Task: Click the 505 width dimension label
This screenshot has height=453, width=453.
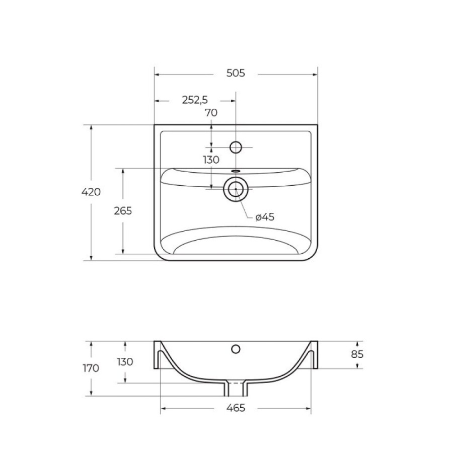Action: pyautogui.click(x=236, y=73)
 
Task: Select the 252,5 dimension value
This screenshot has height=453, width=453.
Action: pyautogui.click(x=195, y=100)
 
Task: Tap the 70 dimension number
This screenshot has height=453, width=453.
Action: pyautogui.click(x=211, y=113)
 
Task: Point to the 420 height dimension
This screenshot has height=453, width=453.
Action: pyautogui.click(x=91, y=192)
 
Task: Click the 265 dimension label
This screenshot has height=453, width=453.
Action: pyautogui.click(x=123, y=211)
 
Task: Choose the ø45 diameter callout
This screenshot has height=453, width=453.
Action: pyautogui.click(x=265, y=216)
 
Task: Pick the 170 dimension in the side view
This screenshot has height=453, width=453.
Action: pyautogui.click(x=91, y=368)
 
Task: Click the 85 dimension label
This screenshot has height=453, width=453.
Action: pyautogui.click(x=357, y=354)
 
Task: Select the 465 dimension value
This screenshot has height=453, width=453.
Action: pyautogui.click(x=236, y=408)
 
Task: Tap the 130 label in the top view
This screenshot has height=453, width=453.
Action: pyautogui.click(x=211, y=160)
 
